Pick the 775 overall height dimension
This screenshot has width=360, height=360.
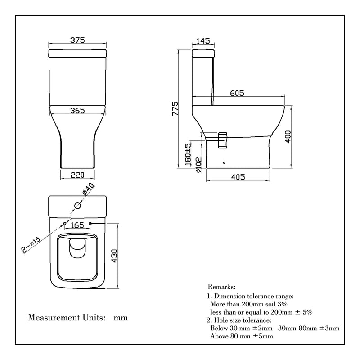click(175, 110)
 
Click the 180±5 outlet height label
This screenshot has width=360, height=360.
click(189, 153)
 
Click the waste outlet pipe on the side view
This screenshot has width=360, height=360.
click(223, 139)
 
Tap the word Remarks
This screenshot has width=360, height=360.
click(222, 287)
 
